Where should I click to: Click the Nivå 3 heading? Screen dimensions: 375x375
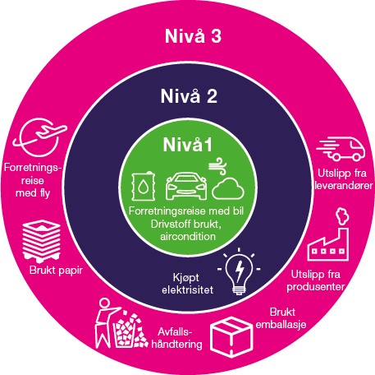coord(193,36)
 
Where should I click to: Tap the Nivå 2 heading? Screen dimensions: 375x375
coord(189,96)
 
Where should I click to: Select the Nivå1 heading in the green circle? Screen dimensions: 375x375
coord(188,144)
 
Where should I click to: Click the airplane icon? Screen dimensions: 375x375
coord(40,137)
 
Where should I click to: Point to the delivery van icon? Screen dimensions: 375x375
coord(341,149)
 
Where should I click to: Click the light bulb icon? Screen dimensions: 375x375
coord(239,271)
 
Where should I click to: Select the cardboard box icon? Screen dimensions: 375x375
coord(231,337)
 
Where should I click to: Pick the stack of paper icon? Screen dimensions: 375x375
coord(42,241)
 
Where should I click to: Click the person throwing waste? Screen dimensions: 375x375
coord(105,323)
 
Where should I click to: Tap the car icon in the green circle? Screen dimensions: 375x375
coord(186,186)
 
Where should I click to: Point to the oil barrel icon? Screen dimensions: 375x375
coord(143,186)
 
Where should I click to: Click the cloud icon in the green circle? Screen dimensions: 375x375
coord(228,188)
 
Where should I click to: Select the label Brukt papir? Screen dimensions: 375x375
coord(56,271)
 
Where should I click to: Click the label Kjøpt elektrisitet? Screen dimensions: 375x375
coord(187,284)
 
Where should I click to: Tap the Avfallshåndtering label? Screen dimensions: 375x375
coord(176,338)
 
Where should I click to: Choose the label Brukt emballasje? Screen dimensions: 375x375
coord(281,318)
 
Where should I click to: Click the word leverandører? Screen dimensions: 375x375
coord(344,186)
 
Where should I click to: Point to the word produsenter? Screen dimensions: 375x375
coord(316,287)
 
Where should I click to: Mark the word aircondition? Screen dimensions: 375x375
coord(188,236)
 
